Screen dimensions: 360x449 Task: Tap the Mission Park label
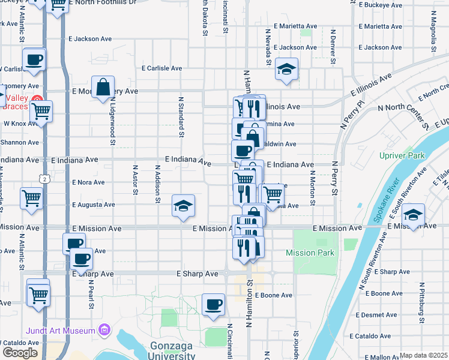[x=310, y=253]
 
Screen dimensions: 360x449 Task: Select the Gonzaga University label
[x=170, y=351]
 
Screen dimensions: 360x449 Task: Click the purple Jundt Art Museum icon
[x=106, y=330]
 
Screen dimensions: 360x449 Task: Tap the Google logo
[x=19, y=353]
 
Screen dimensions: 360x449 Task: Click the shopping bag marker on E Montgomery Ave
[x=103, y=87]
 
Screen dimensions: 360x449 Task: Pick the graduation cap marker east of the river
[x=413, y=215]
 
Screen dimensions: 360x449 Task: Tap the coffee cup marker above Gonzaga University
[x=213, y=305]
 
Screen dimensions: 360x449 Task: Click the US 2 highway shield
[x=44, y=179]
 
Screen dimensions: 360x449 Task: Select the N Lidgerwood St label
[x=112, y=123]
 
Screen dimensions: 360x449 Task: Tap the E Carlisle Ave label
[x=162, y=68]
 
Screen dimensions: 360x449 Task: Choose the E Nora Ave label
[x=88, y=182]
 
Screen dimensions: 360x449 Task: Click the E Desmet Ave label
[x=375, y=315]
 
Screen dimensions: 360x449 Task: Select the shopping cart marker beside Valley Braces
[x=41, y=111]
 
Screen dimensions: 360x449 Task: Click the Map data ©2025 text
[x=424, y=355]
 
